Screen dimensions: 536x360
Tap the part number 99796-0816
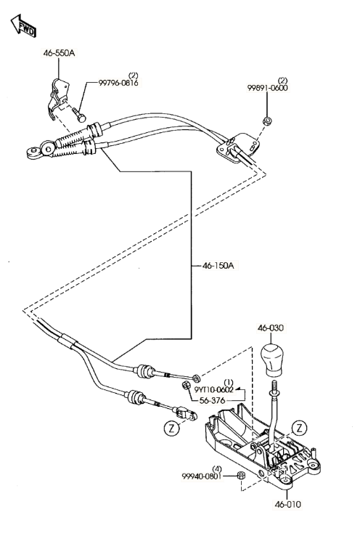(119, 83)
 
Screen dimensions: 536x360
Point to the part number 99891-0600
(268, 88)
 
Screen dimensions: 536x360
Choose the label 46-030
(271, 328)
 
